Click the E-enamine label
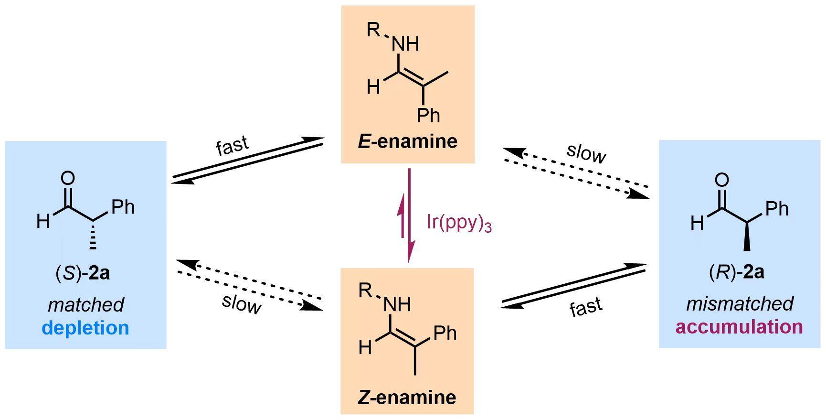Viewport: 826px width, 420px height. pyautogui.click(x=407, y=141)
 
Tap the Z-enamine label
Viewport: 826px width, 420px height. pyautogui.click(x=406, y=397)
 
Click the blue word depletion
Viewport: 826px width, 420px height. pyautogui.click(x=85, y=328)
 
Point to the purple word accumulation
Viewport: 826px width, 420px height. pyautogui.click(x=739, y=327)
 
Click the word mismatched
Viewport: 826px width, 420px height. pyautogui.click(x=740, y=304)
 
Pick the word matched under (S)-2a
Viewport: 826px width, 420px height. pyautogui.click(x=86, y=305)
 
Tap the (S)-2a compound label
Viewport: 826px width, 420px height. pyautogui.click(x=83, y=273)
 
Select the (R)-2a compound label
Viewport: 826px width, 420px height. pyautogui.click(x=736, y=272)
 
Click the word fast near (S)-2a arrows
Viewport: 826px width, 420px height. pyautogui.click(x=233, y=145)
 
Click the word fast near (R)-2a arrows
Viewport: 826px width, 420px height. pyautogui.click(x=586, y=307)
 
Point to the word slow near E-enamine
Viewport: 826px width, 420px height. pyautogui.click(x=586, y=153)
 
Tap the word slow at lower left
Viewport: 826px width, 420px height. pyautogui.click(x=242, y=303)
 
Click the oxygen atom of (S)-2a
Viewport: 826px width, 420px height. pyautogui.click(x=68, y=178)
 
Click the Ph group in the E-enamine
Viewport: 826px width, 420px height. pyautogui.click(x=428, y=115)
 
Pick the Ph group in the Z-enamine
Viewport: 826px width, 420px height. pyautogui.click(x=445, y=333)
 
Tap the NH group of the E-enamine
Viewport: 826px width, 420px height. pyautogui.click(x=405, y=44)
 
